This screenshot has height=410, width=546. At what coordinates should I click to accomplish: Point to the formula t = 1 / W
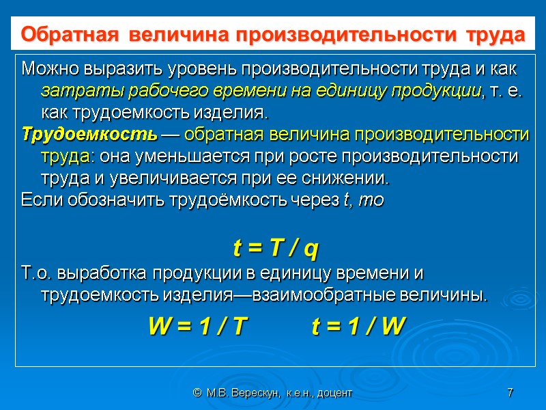[x=358, y=327]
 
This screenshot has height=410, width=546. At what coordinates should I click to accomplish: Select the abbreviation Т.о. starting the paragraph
[x=38, y=273]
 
